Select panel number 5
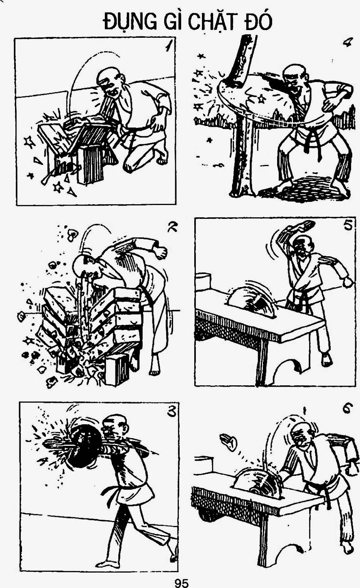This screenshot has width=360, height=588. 348,225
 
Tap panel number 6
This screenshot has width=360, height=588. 347,408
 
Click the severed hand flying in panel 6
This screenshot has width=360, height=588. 228,442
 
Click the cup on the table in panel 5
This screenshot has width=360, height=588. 203,282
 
